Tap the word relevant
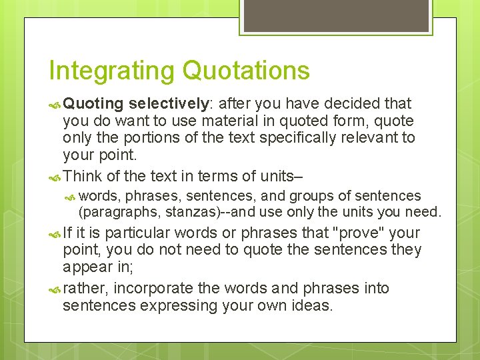click(x=373, y=138)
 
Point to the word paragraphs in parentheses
click(x=114, y=213)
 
